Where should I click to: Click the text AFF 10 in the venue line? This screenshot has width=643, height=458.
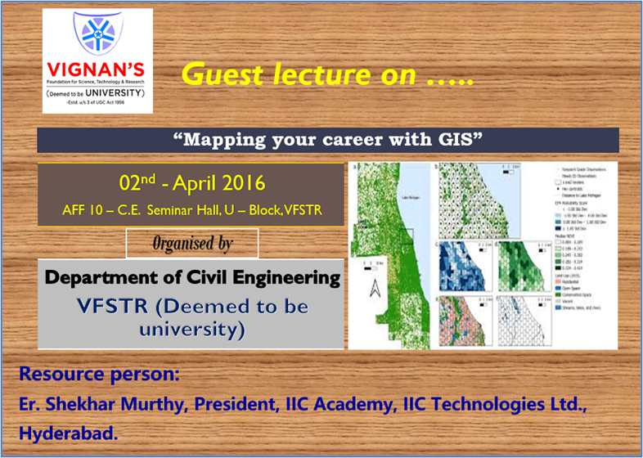82,209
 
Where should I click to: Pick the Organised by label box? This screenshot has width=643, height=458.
192,243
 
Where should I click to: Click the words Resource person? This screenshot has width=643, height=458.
97,375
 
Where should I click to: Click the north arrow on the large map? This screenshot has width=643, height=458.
373,287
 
